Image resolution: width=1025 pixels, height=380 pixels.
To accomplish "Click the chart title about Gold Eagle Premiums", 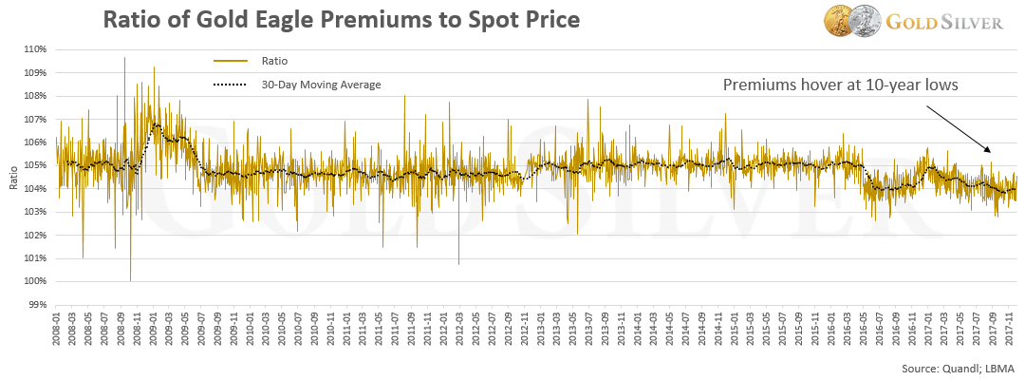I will [341, 20].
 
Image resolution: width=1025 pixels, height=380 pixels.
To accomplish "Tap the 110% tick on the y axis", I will [34, 49].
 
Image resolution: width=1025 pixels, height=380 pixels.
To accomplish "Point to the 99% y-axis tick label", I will [36, 305].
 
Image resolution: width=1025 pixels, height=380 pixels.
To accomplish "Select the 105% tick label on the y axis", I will [34, 165].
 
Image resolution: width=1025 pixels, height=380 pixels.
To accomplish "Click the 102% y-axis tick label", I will [34, 236].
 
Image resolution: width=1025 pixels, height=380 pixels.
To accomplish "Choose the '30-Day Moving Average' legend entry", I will [321, 85].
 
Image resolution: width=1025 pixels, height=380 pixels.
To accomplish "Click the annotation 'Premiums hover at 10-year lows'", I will [841, 85].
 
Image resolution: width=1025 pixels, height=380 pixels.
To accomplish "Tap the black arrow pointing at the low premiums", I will [960, 127].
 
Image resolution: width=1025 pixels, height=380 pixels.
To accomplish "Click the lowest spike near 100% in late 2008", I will [131, 279].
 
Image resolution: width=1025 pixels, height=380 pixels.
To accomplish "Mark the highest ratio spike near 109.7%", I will [124, 58].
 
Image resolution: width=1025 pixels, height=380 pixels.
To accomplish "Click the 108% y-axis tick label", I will [34, 96].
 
